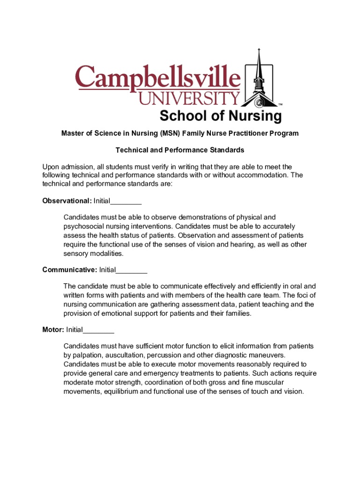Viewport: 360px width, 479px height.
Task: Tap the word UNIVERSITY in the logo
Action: [x=189, y=98]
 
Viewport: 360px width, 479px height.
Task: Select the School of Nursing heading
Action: [x=221, y=116]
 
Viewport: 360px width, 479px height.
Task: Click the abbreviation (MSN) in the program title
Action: [x=171, y=134]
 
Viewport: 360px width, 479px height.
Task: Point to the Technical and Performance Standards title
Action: [x=180, y=150]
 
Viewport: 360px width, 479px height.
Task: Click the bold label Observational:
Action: [x=67, y=201]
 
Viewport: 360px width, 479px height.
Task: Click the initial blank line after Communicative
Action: [x=131, y=271]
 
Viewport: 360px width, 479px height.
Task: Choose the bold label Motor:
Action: [x=53, y=330]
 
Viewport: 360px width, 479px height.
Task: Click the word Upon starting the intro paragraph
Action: [x=51, y=167]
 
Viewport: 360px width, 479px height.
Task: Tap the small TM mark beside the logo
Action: [x=280, y=105]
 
